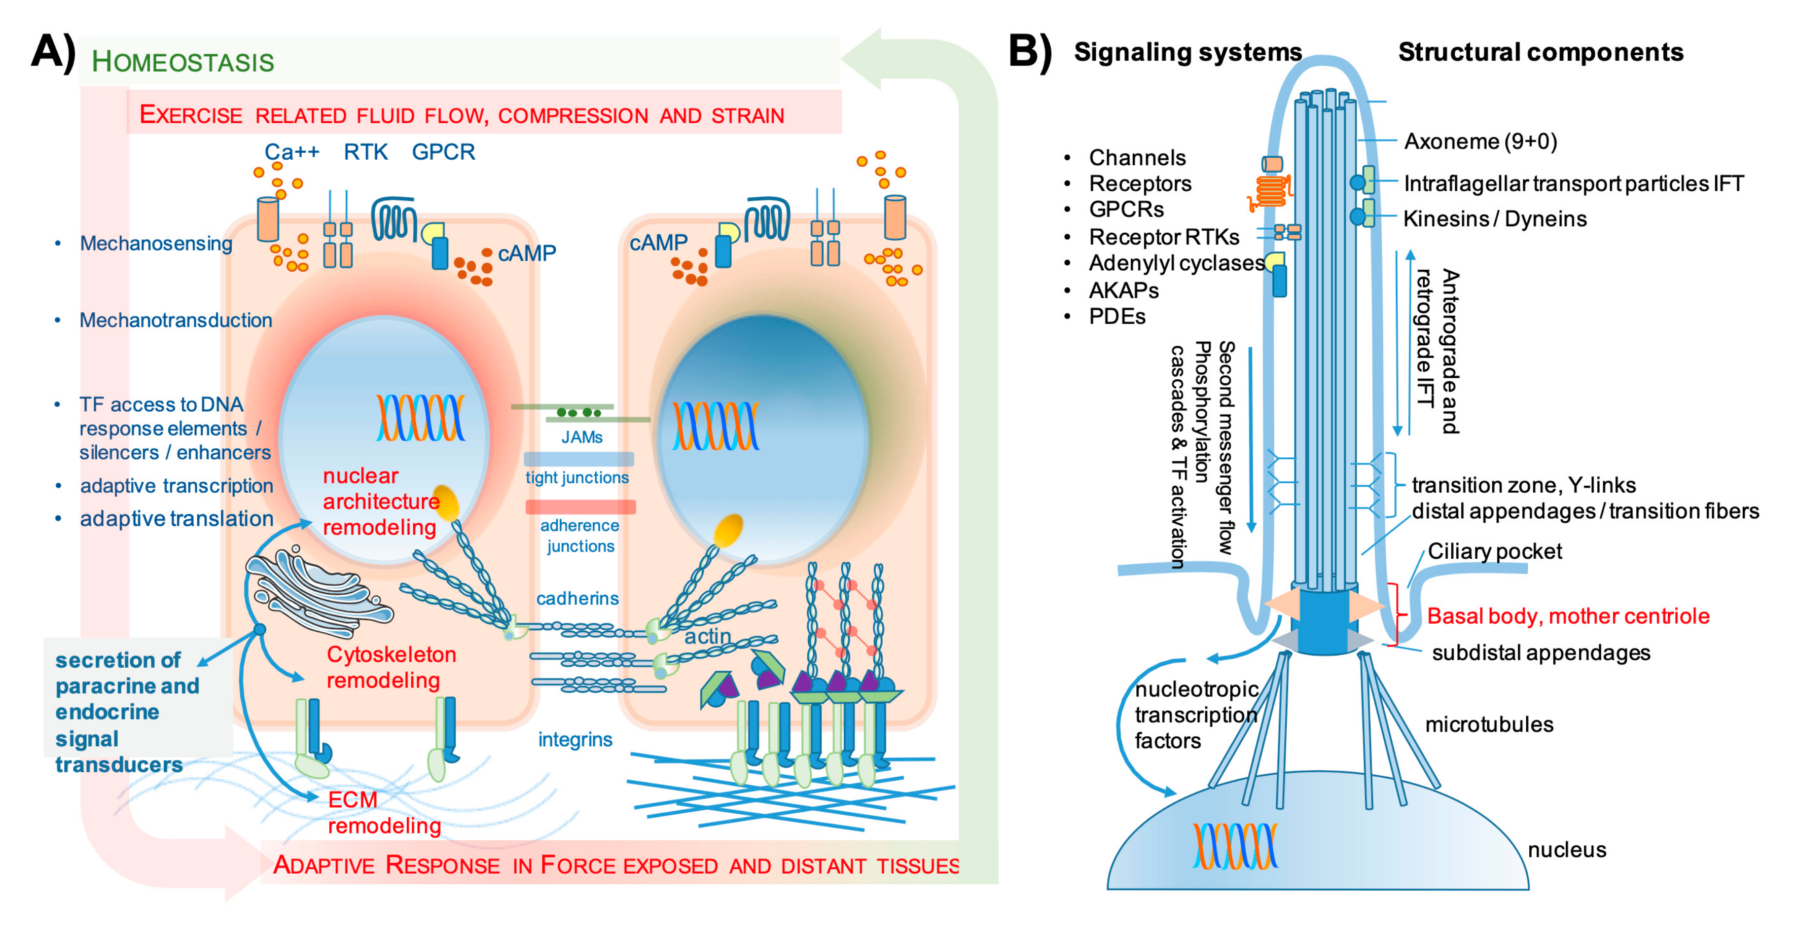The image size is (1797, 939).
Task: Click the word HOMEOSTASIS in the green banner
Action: pyautogui.click(x=183, y=61)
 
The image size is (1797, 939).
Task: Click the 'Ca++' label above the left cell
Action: pyautogui.click(x=292, y=152)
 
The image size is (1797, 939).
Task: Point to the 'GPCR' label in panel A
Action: pyautogui.click(x=443, y=152)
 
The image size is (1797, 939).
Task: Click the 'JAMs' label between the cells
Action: pyautogui.click(x=582, y=438)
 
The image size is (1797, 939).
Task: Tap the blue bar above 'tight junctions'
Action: pyautogui.click(x=579, y=459)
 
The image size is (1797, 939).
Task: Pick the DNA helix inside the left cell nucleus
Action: pyautogui.click(x=420, y=417)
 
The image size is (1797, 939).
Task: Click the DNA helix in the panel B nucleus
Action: pyautogui.click(x=1235, y=846)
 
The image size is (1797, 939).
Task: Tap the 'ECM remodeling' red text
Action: pyautogui.click(x=384, y=813)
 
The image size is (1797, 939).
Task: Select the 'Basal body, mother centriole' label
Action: pyautogui.click(x=1567, y=616)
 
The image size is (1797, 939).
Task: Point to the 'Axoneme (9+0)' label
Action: pyautogui.click(x=1480, y=141)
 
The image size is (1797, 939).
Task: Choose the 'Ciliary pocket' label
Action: pyautogui.click(x=1494, y=551)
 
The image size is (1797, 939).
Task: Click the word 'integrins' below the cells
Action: pyautogui.click(x=575, y=739)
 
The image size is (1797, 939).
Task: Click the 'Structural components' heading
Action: pyautogui.click(x=1540, y=52)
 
